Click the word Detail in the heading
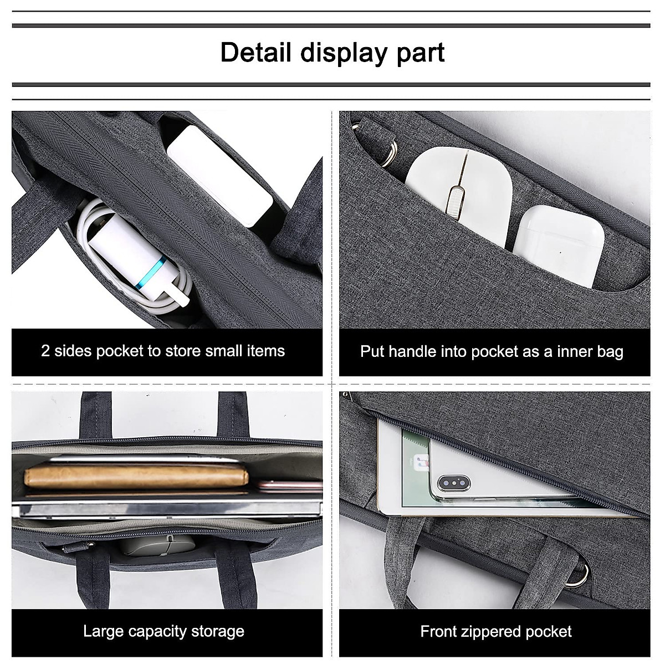click(255, 53)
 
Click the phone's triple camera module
click(453, 483)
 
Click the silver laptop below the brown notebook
click(166, 507)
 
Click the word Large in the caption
click(104, 631)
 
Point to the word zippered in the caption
click(493, 631)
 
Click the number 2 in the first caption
click(45, 351)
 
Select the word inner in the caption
click(567, 351)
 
